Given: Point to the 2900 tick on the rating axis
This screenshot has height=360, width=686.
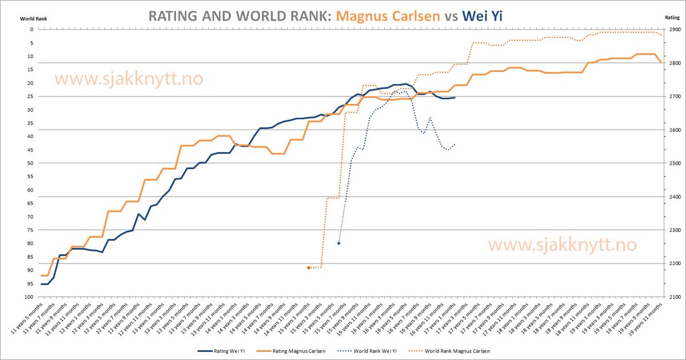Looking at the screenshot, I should point(674,30).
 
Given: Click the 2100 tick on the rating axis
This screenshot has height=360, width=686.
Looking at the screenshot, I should point(674,297).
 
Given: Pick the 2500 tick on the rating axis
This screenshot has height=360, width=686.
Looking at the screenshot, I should point(674,163).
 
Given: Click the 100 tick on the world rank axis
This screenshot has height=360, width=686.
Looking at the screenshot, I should point(27,297).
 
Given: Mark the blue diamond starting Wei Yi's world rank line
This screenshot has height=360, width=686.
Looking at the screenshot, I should point(339,243).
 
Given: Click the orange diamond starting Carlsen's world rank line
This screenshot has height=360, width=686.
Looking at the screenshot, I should point(309,267).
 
